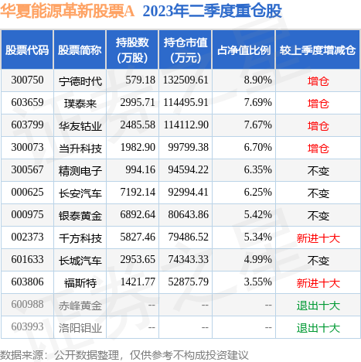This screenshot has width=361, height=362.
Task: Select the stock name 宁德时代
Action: tap(80, 80)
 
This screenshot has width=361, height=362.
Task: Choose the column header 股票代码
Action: tap(26, 50)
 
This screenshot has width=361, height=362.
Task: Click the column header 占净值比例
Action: tap(243, 50)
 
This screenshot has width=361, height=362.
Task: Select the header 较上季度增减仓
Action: tap(318, 50)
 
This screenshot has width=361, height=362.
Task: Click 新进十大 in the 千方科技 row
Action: tap(318, 237)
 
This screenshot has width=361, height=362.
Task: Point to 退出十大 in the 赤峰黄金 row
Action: tap(318, 306)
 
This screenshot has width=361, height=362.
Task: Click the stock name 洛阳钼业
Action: tap(80, 328)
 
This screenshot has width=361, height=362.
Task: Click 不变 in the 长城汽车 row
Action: tap(318, 261)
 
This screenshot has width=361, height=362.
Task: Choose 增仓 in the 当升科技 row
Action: tap(318, 147)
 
